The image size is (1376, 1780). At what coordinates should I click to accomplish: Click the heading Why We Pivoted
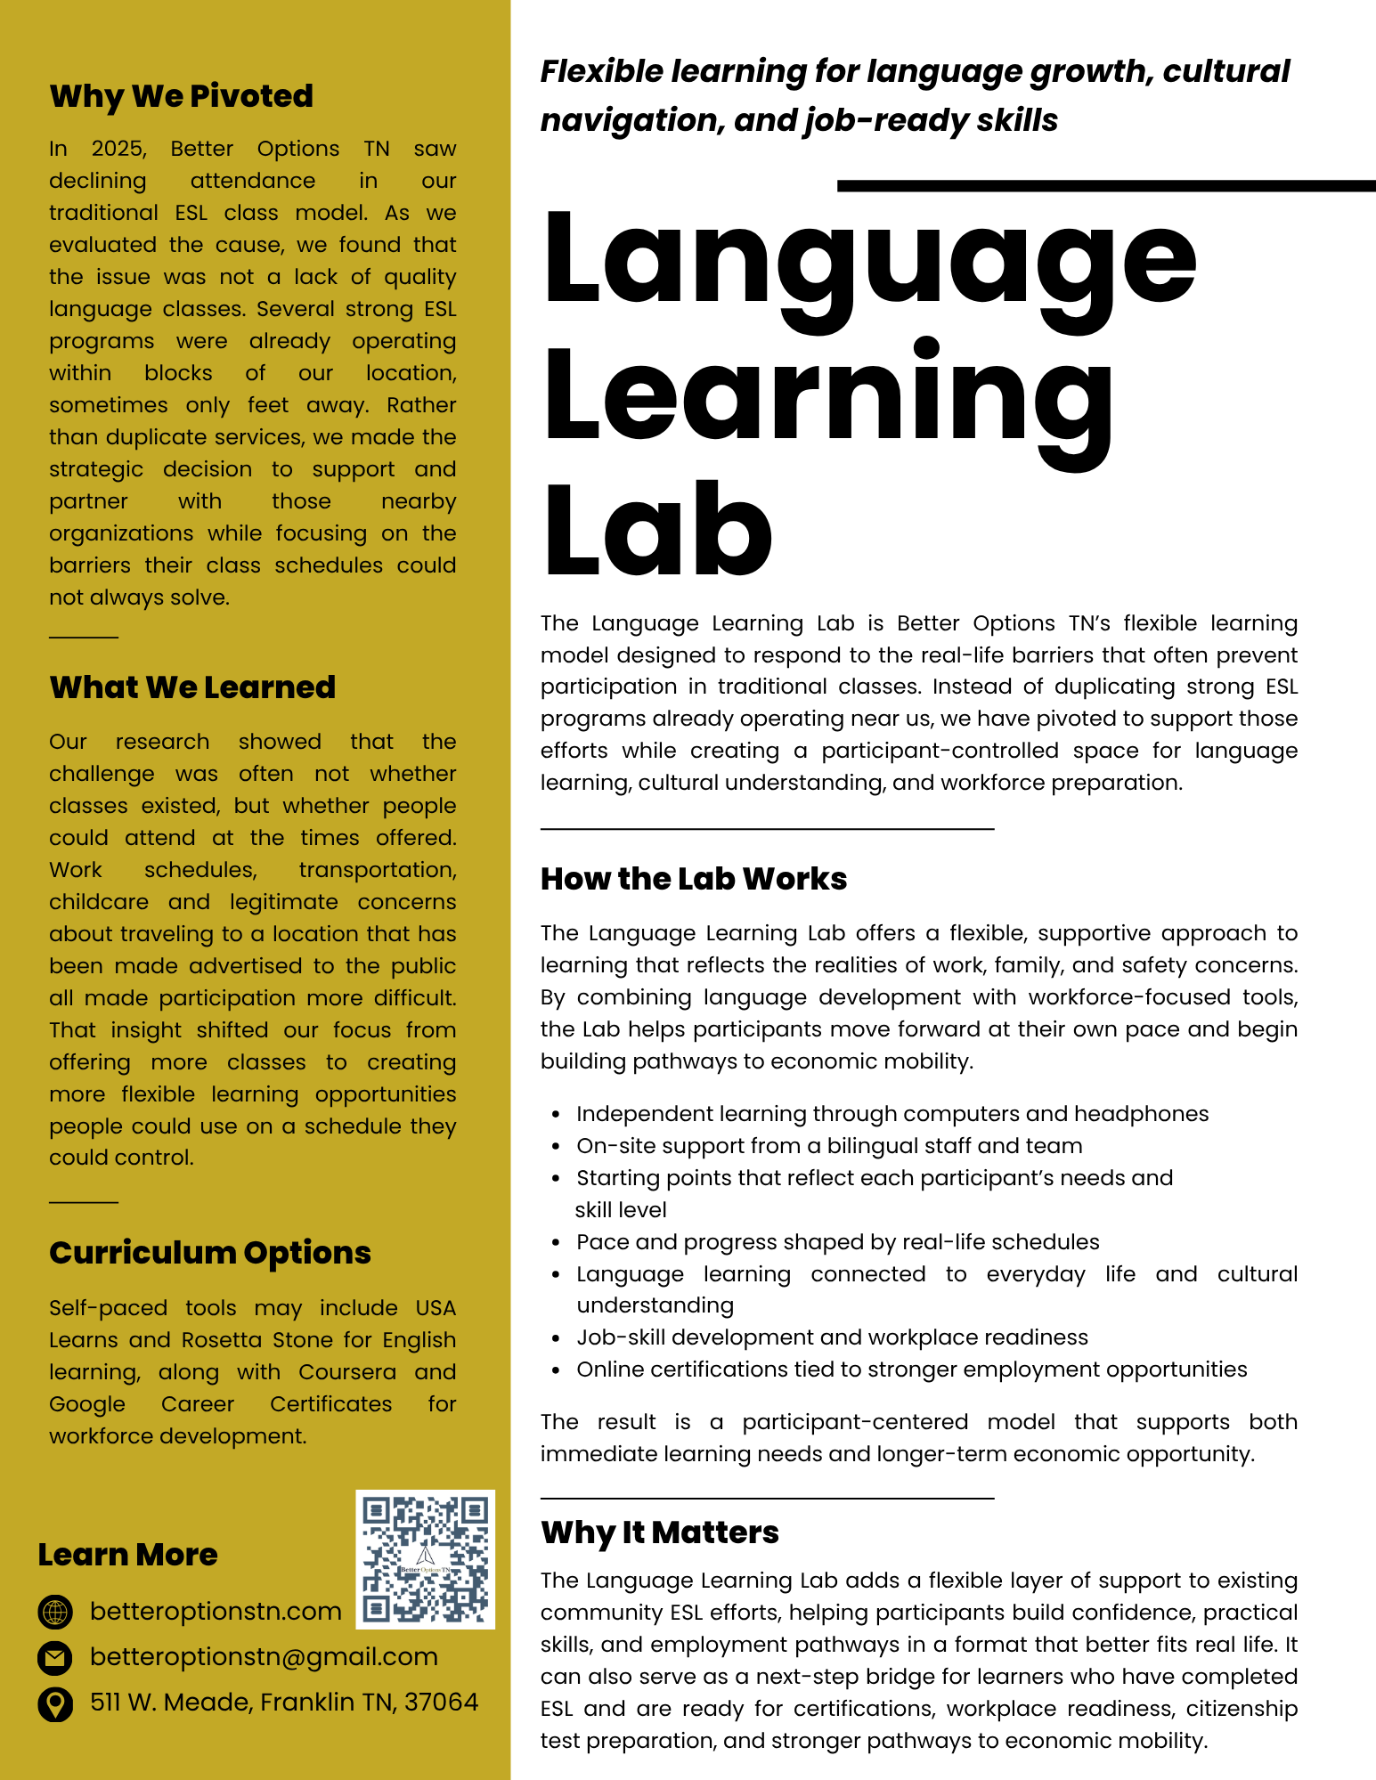pyautogui.click(x=181, y=96)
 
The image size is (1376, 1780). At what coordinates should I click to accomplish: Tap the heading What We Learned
pyautogui.click(x=192, y=687)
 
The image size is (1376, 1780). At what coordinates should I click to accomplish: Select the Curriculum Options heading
pyautogui.click(x=210, y=1253)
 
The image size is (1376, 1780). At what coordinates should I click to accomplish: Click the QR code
pyautogui.click(x=425, y=1559)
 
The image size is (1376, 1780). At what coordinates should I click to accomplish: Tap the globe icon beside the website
pyautogui.click(x=55, y=1612)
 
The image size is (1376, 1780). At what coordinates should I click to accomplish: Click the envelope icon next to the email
pyautogui.click(x=55, y=1657)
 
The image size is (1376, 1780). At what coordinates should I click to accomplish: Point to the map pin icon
pyautogui.click(x=55, y=1703)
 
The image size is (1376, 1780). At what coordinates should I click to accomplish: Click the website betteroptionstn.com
pyautogui.click(x=216, y=1612)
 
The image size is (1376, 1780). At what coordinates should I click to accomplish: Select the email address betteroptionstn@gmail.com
pyautogui.click(x=264, y=1657)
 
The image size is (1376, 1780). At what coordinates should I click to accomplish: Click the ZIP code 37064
pyautogui.click(x=441, y=1703)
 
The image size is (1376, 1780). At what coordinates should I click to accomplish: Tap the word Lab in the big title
pyautogui.click(x=658, y=531)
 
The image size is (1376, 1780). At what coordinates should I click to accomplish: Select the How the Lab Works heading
pyautogui.click(x=694, y=879)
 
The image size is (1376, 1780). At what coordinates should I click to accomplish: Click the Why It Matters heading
pyautogui.click(x=660, y=1532)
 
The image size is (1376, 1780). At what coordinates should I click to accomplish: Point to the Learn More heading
pyautogui.click(x=127, y=1555)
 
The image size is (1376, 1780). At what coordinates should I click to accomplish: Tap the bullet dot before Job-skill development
pyautogui.click(x=556, y=1338)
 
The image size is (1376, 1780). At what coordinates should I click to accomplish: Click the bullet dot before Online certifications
pyautogui.click(x=556, y=1370)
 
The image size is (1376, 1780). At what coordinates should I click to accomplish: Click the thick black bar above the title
pyautogui.click(x=1106, y=186)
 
